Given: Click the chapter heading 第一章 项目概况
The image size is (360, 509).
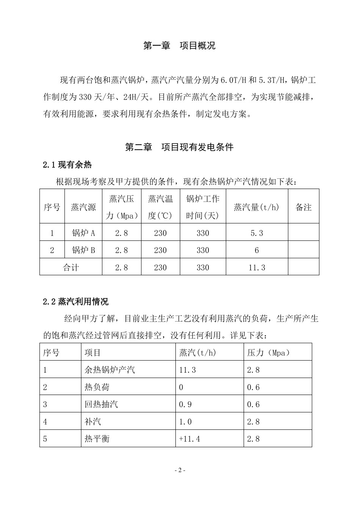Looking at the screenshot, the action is point(179,46).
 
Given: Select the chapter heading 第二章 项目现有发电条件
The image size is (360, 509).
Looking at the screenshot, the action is point(179,147).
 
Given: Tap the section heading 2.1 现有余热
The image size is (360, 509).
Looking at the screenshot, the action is point(67,165).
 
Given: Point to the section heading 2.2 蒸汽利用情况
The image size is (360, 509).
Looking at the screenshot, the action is point(75,301).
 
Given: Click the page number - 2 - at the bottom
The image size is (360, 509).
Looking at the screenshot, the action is point(180,470).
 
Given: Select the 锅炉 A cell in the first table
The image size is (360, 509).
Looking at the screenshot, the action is point(83,233).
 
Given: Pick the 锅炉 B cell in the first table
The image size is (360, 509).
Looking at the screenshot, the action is point(83,250).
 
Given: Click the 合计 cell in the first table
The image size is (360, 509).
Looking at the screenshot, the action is point(71,267).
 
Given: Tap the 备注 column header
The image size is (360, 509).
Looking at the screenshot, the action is point(303,207).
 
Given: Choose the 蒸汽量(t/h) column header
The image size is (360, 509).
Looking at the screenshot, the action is point(257,207).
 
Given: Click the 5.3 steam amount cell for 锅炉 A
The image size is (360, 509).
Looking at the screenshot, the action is point(257,233).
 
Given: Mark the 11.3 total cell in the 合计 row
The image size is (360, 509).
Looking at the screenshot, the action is point(257,267).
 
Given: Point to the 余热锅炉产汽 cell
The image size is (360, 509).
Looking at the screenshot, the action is point(110,370).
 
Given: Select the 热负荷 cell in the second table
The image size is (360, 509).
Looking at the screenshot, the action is point(97,387).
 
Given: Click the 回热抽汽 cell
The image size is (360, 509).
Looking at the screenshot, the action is point(101,404).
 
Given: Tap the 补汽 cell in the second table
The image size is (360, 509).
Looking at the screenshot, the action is point(93,422).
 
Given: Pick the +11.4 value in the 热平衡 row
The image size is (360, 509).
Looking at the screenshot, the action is point(189,439).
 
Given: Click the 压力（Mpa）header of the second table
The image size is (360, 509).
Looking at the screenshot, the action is point(268,353).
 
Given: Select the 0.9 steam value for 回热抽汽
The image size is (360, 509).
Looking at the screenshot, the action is point(185,404).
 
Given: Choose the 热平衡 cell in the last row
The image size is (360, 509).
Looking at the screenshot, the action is point(97,439).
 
